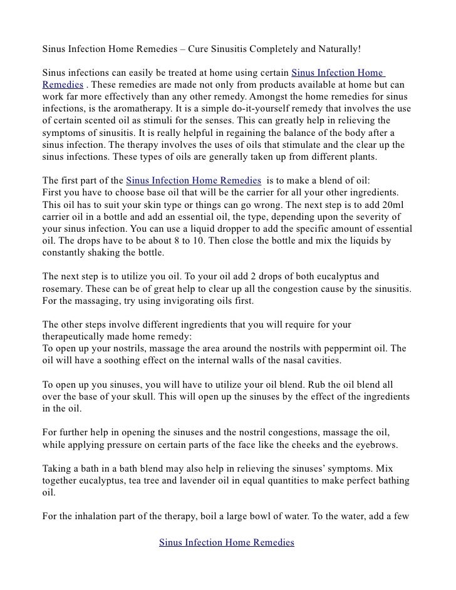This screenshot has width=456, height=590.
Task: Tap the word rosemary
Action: click(x=61, y=289)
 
